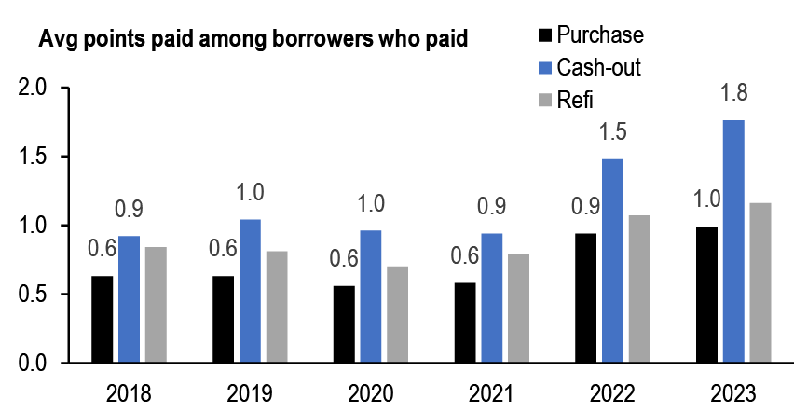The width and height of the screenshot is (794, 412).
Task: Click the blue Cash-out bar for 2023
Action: (733, 241)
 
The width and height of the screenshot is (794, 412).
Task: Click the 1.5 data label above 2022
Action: (614, 131)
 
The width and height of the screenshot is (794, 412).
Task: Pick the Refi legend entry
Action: (574, 100)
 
